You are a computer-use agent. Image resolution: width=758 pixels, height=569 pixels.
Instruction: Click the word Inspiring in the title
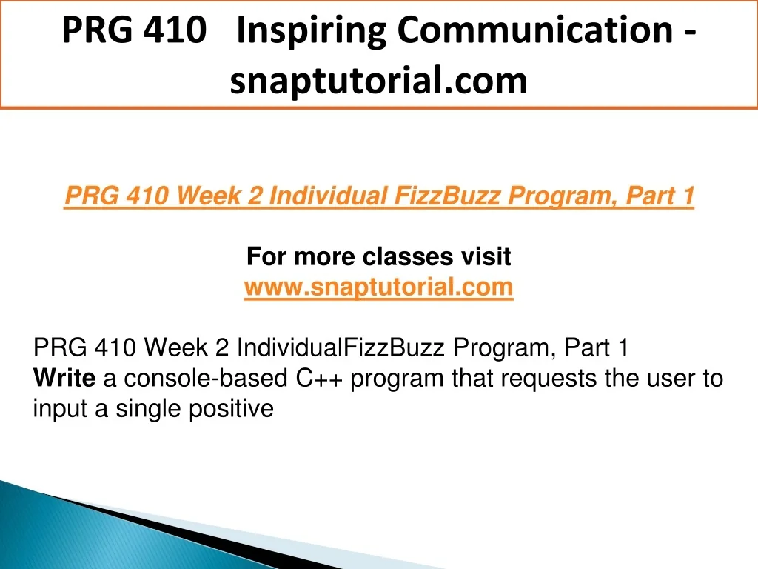[x=312, y=31]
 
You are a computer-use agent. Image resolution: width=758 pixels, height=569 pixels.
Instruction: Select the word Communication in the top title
[x=535, y=30]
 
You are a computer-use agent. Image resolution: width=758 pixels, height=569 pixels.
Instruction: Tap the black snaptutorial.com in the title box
[x=378, y=81]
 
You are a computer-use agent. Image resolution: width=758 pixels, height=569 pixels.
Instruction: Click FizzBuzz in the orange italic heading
[x=447, y=196]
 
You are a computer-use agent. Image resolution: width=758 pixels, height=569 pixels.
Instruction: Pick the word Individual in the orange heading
[x=328, y=196]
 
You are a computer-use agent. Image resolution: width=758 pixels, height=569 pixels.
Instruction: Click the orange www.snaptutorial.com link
[x=378, y=287]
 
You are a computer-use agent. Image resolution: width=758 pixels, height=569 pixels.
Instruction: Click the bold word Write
[x=64, y=378]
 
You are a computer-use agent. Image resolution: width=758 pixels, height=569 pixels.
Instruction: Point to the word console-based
[x=206, y=378]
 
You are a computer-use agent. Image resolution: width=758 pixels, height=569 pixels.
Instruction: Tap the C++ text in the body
[x=319, y=378]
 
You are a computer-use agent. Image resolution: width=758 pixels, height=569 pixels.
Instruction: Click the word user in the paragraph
[x=668, y=379]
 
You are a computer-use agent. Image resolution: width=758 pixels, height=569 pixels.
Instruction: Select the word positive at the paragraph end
[x=231, y=410]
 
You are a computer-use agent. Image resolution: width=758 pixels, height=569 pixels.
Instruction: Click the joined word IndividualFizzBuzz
[x=341, y=347]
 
